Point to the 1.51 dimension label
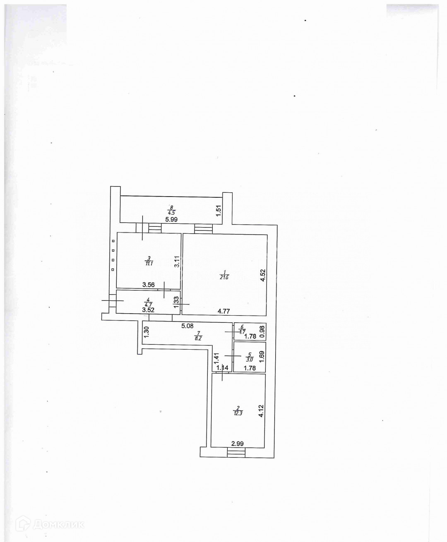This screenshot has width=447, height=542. tap(219, 210)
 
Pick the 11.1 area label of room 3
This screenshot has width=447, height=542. tap(149, 263)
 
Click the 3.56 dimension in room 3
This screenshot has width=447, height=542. tap(149, 284)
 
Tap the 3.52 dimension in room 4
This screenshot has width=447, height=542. tap(148, 309)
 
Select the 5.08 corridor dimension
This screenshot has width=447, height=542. tap(187, 326)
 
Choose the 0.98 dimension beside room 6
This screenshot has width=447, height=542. tap(262, 332)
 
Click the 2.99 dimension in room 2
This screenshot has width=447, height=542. tap(238, 444)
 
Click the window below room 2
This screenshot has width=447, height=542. tap(236, 453)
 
